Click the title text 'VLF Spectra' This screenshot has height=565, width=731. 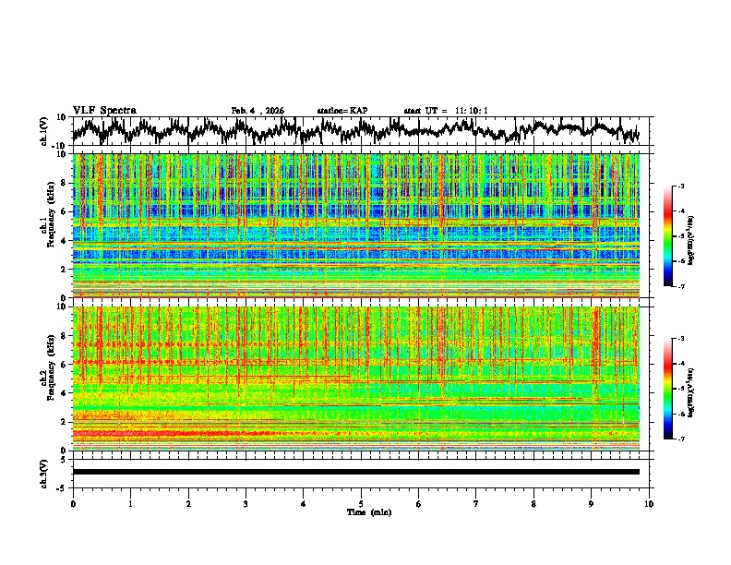[x=104, y=111]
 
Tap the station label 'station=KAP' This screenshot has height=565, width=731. [x=342, y=111]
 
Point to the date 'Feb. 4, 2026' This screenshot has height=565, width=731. [x=258, y=111]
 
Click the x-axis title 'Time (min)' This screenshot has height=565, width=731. [x=361, y=511]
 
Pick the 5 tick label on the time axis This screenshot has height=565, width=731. [x=361, y=503]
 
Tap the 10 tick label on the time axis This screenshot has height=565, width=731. [x=649, y=503]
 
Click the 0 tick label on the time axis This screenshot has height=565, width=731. [x=73, y=503]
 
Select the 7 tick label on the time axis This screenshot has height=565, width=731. [x=476, y=503]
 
